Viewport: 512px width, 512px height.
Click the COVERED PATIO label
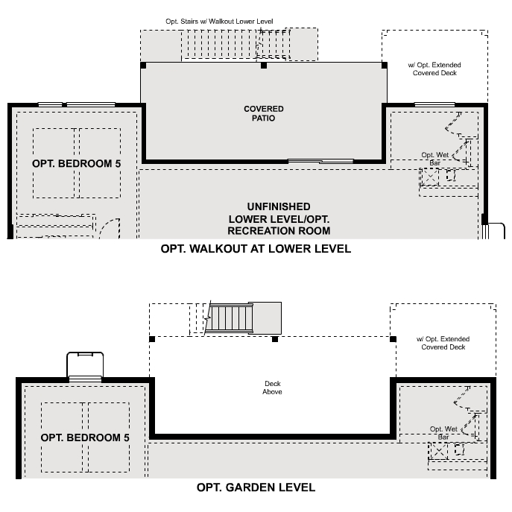[x=264, y=113]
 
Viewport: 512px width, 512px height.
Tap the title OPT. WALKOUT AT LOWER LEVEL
[x=256, y=249]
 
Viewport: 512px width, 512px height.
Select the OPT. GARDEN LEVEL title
[x=256, y=487]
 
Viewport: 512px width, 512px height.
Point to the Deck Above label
[x=272, y=388]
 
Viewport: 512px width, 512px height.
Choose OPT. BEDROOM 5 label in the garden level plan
[x=85, y=437]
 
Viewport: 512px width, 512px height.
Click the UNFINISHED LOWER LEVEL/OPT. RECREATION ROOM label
[x=279, y=218]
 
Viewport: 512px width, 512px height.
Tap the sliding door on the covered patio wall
[x=320, y=160]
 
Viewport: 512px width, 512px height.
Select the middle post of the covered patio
[x=264, y=66]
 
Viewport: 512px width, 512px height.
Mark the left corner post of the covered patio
[x=143, y=66]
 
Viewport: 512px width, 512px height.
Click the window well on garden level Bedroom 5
[x=84, y=364]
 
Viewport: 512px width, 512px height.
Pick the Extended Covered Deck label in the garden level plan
[x=443, y=344]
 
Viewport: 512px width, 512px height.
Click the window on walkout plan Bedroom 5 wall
[x=77, y=104]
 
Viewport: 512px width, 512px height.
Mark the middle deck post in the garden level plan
[x=275, y=339]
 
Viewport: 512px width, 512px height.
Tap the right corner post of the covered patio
[x=385, y=66]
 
